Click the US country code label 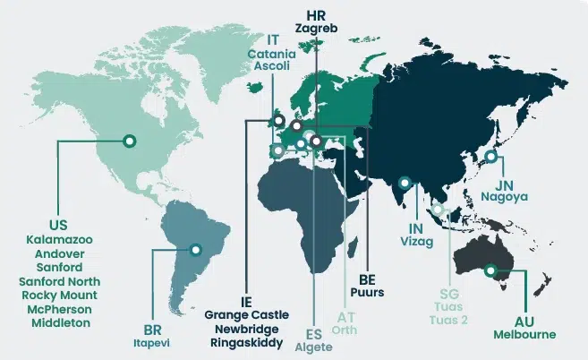[59, 224]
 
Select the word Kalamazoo [59, 240]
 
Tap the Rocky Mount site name [59, 295]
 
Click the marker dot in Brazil [195, 250]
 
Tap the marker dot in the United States [129, 141]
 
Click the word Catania [272, 54]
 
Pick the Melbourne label [524, 335]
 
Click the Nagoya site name [504, 195]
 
